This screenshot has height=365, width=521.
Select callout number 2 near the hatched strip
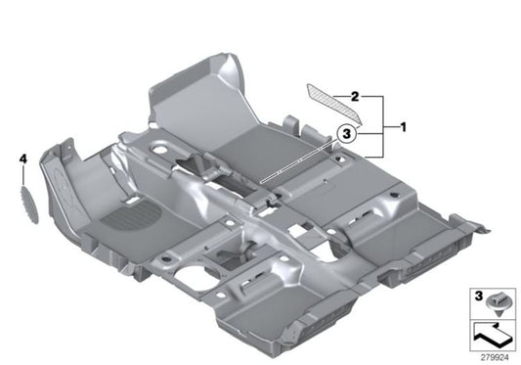(357, 97)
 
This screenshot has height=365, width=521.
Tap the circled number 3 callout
(347, 137)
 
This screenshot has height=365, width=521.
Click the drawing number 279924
(498, 357)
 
